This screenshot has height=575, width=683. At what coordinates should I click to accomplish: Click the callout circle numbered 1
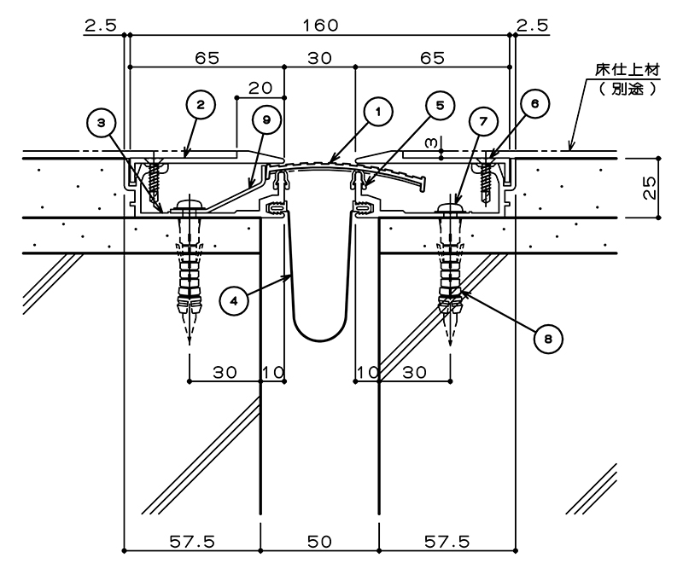(377, 112)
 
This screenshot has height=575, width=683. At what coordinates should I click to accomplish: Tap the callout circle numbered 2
(201, 104)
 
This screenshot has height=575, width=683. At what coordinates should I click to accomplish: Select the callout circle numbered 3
(101, 123)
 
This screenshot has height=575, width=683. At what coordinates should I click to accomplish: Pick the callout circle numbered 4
(234, 301)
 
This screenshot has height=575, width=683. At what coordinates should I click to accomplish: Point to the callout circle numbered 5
(440, 105)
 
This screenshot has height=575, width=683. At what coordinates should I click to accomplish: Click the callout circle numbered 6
(534, 103)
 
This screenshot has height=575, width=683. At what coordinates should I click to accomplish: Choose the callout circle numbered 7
(483, 121)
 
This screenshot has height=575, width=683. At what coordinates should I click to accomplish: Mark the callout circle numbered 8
(548, 339)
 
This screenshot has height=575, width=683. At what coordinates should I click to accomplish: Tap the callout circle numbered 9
(266, 119)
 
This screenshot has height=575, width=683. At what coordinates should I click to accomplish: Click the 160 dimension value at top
(321, 26)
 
